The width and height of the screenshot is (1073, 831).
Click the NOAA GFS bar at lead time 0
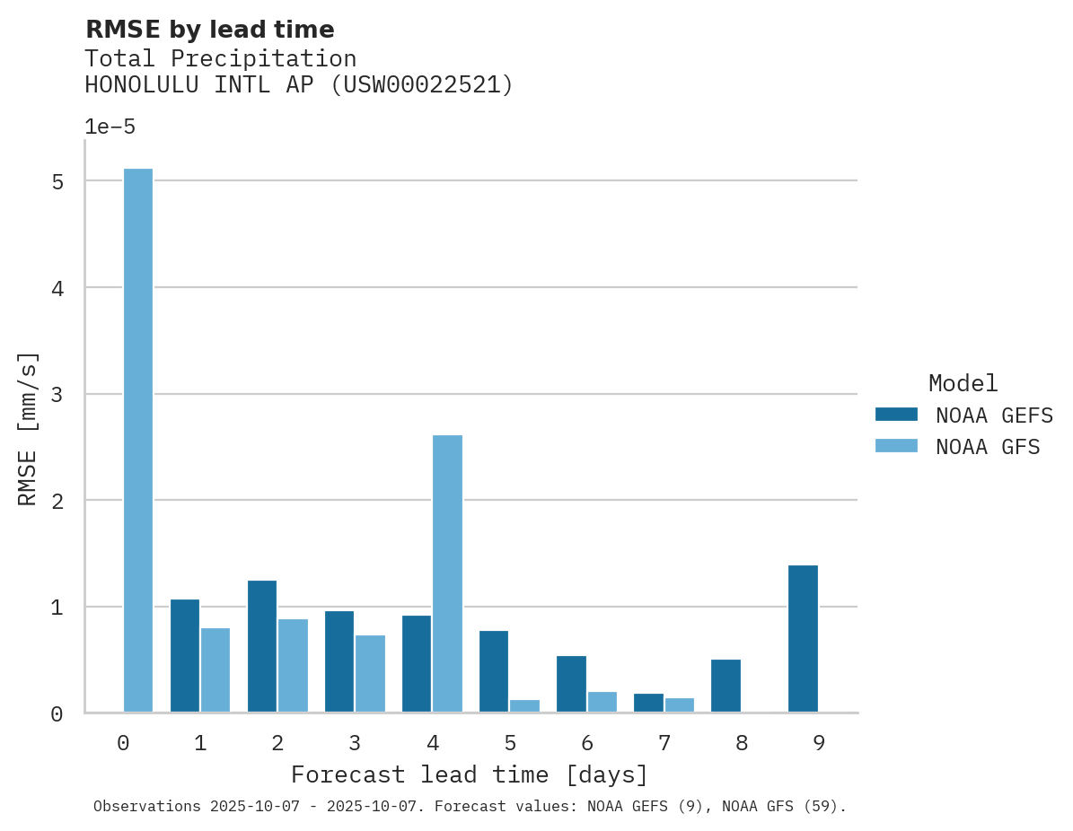click(138, 440)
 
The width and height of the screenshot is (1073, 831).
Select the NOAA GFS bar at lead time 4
click(447, 573)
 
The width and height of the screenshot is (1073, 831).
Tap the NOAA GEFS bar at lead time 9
click(803, 638)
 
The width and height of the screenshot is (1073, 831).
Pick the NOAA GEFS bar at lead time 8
click(726, 686)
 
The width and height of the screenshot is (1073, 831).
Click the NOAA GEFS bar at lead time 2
click(262, 646)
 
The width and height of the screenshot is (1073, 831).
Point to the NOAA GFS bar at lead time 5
click(524, 705)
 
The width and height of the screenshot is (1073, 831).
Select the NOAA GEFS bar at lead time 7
click(648, 703)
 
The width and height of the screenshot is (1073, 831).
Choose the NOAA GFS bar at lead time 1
click(215, 669)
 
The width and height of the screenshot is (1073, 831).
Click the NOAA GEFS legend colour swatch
click(896, 415)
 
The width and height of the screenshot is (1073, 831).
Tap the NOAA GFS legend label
click(988, 447)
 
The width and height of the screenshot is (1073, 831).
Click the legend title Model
click(963, 384)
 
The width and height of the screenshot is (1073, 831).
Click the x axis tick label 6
click(587, 743)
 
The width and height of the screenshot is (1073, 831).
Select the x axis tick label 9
click(819, 743)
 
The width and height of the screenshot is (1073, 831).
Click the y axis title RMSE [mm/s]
click(28, 429)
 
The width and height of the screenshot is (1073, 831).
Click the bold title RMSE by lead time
click(209, 30)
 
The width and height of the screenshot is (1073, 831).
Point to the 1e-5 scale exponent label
click(110, 127)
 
